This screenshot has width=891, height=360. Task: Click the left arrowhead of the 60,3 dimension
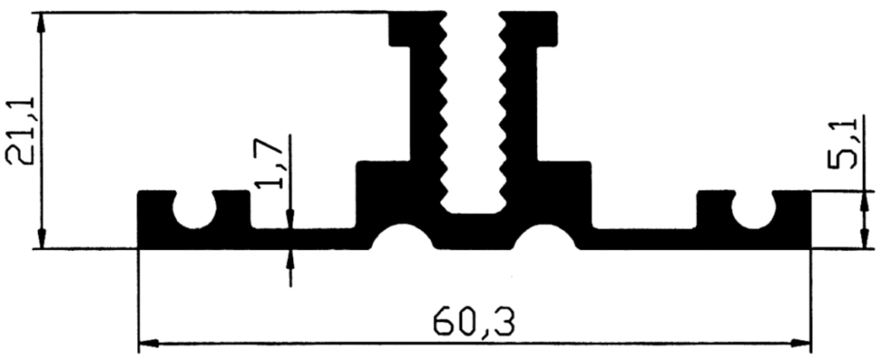[149, 344]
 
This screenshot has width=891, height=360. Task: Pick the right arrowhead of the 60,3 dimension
[800, 344]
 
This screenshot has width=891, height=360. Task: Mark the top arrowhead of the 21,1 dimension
[41, 23]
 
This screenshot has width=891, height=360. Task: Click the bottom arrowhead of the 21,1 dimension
[41, 238]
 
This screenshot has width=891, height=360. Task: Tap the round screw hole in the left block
[194, 211]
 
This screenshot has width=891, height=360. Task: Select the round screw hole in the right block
[754, 211]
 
